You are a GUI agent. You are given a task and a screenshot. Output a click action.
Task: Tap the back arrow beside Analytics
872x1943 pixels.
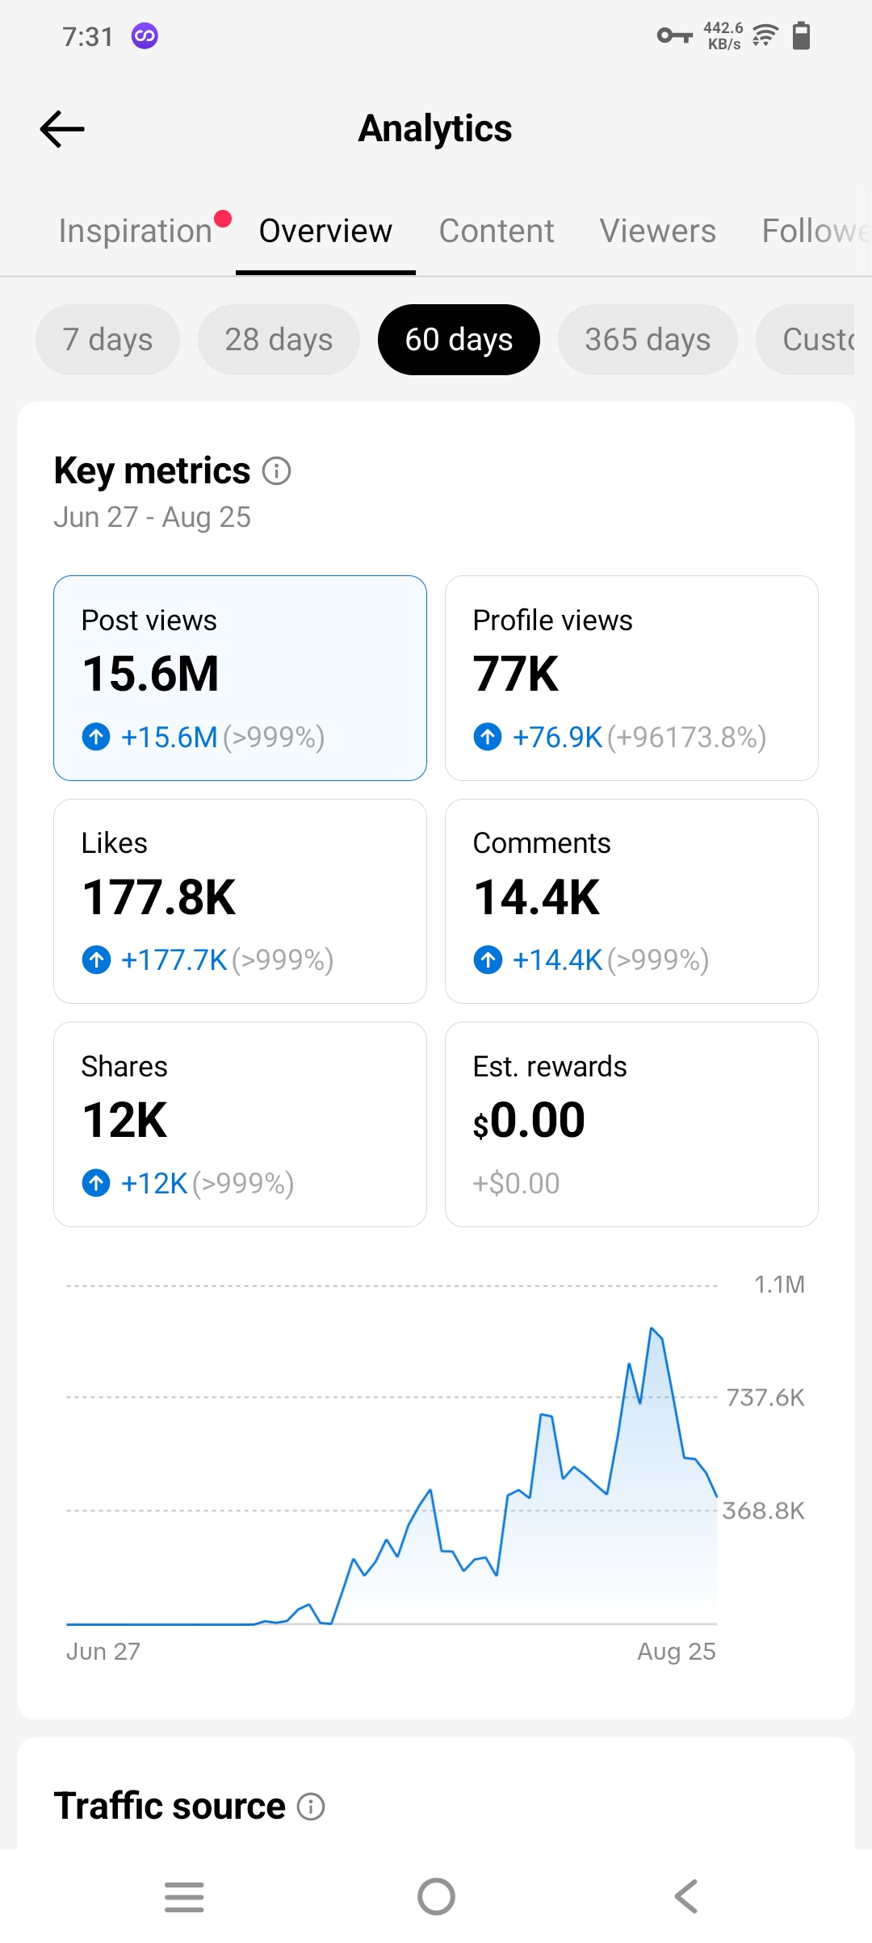pos(62,129)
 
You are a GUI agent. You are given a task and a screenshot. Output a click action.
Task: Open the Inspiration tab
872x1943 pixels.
pos(136,231)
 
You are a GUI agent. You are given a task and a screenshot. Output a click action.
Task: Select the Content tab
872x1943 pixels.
pos(497,231)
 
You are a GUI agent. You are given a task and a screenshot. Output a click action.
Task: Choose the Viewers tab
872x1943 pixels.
pos(658,231)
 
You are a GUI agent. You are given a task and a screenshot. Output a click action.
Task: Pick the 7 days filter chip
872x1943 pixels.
pos(107,340)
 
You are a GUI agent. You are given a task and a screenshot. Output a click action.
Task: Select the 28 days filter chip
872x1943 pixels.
pos(279,340)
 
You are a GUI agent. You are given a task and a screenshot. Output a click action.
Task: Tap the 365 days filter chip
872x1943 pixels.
pos(648,340)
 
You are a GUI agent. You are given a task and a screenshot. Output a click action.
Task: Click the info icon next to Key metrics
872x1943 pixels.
pos(277,470)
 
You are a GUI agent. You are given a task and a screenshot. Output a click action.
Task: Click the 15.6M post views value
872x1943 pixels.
pos(151,674)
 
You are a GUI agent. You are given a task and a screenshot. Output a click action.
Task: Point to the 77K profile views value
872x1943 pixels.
pos(516,674)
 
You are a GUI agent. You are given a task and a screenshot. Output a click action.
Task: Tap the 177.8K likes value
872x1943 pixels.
pos(159,897)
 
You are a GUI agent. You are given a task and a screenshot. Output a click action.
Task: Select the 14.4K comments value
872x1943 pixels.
pos(537,897)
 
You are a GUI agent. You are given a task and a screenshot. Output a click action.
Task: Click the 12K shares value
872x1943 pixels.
pos(125,1120)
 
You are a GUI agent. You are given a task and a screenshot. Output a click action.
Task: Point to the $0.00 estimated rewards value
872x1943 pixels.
pos(529,1120)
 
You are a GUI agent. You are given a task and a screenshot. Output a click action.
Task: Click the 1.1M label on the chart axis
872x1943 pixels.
pos(779,1285)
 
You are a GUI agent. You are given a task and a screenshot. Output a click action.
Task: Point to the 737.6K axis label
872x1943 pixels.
pos(765,1398)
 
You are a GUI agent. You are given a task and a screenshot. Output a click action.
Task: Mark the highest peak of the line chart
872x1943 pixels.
pos(652,1327)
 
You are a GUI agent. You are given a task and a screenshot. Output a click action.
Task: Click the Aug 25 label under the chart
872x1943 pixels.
pos(677,1652)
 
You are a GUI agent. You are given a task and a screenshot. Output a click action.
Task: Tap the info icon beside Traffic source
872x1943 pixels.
pos(311,1807)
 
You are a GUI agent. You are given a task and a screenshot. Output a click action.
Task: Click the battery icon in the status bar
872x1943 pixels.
pos(801,36)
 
